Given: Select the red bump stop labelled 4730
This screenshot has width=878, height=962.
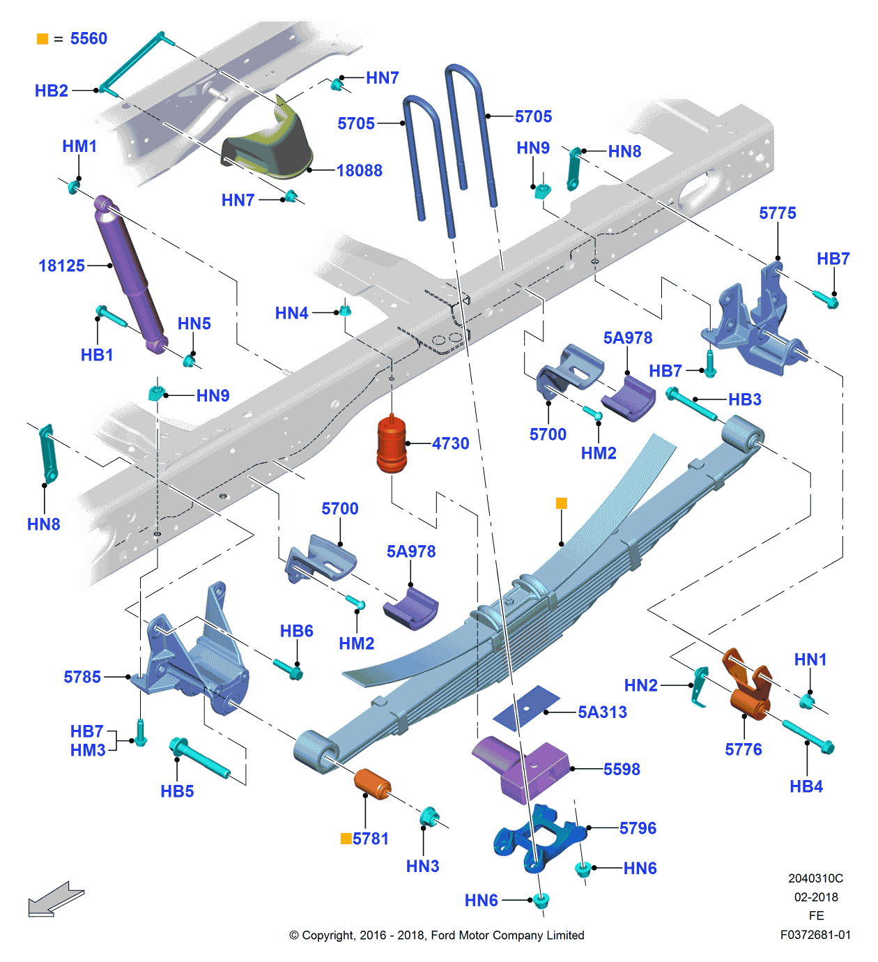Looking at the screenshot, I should [392, 445].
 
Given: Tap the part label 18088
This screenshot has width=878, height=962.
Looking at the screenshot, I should [359, 171].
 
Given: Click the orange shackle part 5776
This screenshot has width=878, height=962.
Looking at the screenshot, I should [749, 687].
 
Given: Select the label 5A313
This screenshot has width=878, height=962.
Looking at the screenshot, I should [602, 712].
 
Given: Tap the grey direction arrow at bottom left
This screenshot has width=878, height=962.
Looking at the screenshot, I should [55, 899].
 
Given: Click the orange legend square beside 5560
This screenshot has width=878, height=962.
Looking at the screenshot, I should [43, 39].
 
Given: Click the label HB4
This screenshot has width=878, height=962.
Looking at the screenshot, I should [806, 786].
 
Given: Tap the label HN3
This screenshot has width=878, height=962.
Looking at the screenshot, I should [422, 866].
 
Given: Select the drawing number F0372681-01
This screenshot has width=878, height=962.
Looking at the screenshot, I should [815, 935].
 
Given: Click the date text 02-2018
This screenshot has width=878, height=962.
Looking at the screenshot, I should [816, 897].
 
